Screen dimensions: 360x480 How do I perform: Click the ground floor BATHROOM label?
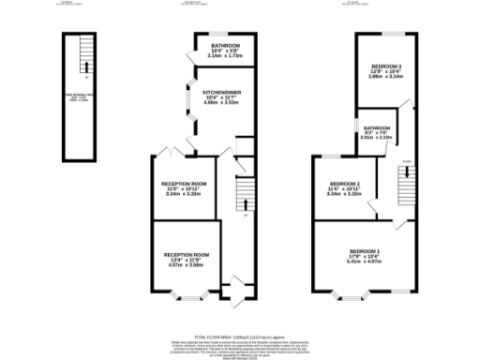point(224,45)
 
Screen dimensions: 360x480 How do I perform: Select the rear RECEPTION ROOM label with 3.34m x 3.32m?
point(184,183)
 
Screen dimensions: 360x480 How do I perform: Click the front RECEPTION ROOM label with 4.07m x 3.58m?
point(186,255)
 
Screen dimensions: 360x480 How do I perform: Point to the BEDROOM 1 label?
point(365,252)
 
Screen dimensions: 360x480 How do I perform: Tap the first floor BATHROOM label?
point(377,127)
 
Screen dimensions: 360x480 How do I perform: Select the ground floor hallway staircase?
point(243,194)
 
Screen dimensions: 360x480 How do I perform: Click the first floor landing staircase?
point(406,187)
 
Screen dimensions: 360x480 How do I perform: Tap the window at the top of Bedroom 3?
point(385,34)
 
